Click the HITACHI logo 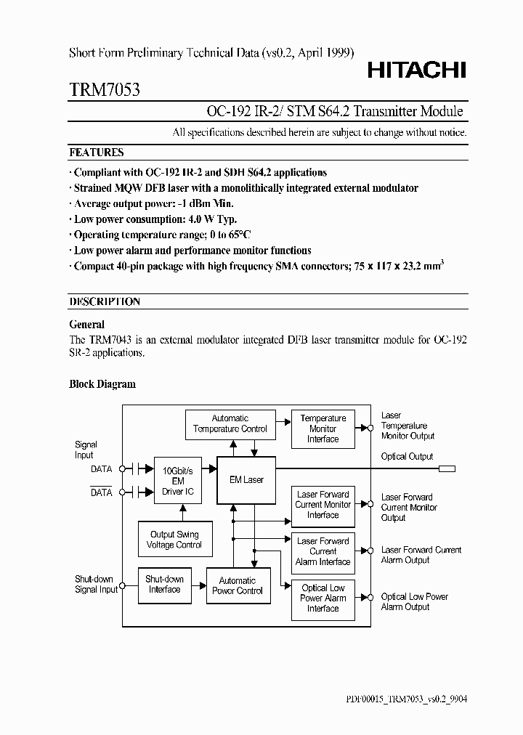(x=416, y=70)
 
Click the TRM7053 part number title (x=105, y=90)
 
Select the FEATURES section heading (x=96, y=153)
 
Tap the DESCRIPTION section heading (x=105, y=301)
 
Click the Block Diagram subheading (x=102, y=384)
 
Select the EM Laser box (x=247, y=479)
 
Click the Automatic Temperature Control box (x=230, y=423)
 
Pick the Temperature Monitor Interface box (x=323, y=429)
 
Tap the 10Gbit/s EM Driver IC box (x=177, y=481)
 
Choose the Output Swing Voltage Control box (x=174, y=540)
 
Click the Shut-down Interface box (x=164, y=585)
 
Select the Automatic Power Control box (x=238, y=585)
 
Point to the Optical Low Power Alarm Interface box (x=323, y=598)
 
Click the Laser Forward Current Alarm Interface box (x=323, y=551)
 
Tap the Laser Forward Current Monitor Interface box (x=323, y=505)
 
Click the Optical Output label (x=407, y=457)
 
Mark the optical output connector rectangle (x=447, y=469)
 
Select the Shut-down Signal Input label (x=96, y=585)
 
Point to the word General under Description (x=86, y=325)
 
